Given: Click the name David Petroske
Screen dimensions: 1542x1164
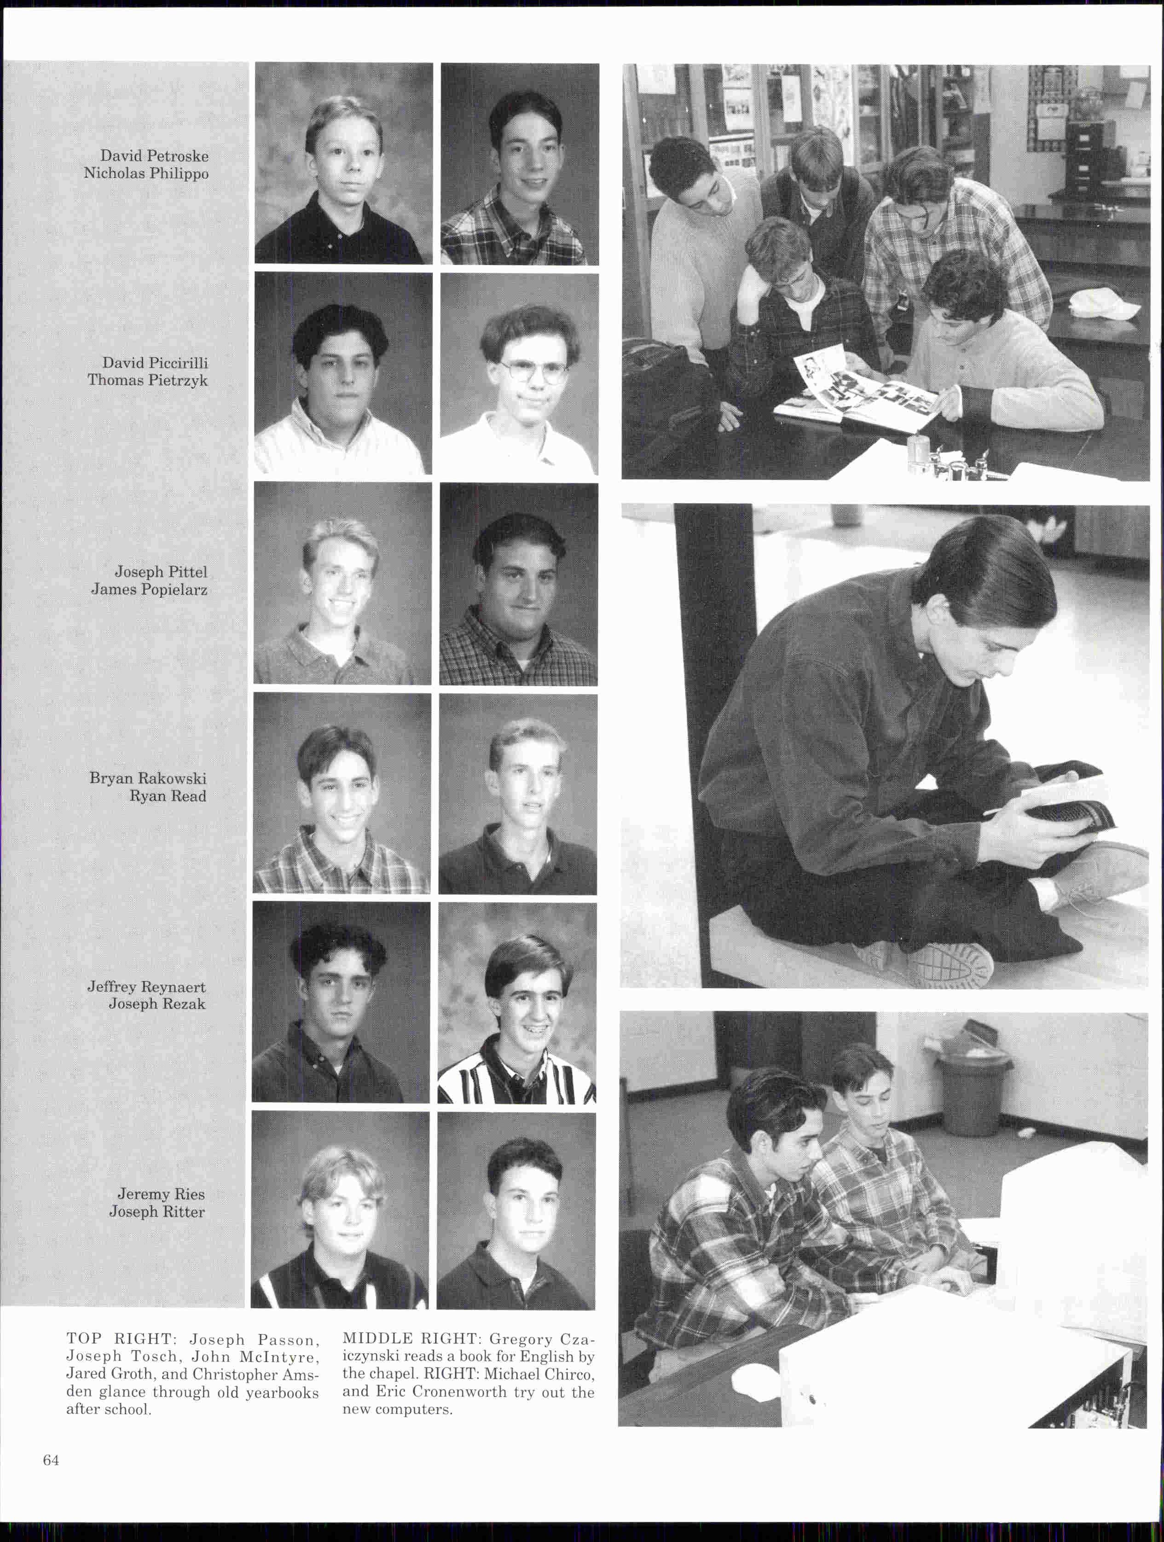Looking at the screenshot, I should coord(154,156).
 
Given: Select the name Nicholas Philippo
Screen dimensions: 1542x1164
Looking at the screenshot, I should coord(146,174).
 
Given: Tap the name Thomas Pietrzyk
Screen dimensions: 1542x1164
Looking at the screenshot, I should coord(147,381).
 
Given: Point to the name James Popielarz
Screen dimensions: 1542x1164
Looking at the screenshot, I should coord(149,590).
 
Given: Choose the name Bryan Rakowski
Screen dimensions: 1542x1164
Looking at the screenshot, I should coord(148,779).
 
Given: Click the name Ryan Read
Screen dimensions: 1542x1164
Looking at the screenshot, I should coord(168,796).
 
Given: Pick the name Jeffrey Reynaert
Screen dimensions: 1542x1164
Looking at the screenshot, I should coord(146,987).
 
